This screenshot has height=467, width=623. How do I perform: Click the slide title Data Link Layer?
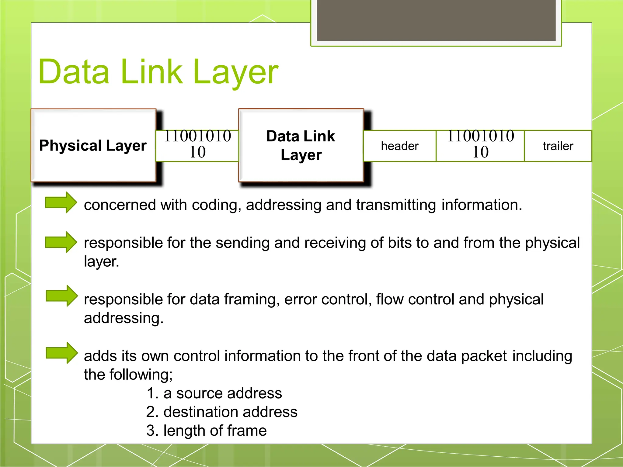coord(158,72)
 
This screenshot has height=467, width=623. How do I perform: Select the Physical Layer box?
coord(93,145)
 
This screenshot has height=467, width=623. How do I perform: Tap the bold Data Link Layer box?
coord(301,145)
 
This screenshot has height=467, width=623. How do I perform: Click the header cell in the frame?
coord(399,146)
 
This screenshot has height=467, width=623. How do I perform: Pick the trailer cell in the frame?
coord(558,146)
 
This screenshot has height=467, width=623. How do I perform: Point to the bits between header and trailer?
coord(480,144)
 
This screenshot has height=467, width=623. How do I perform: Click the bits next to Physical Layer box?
coord(197,144)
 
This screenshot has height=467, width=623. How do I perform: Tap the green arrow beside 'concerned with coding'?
coord(61,202)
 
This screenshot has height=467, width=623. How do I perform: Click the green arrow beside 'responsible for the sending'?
coord(61,242)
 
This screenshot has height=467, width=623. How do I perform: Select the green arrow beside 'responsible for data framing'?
coord(61,296)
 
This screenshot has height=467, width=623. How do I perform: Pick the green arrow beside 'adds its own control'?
coord(61,353)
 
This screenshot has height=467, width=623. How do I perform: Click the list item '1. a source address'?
coord(214,393)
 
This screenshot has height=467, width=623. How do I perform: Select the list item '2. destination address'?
coord(222,412)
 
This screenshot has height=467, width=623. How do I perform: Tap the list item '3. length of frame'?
coord(206,431)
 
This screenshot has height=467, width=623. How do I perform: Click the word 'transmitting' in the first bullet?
coord(396,205)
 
